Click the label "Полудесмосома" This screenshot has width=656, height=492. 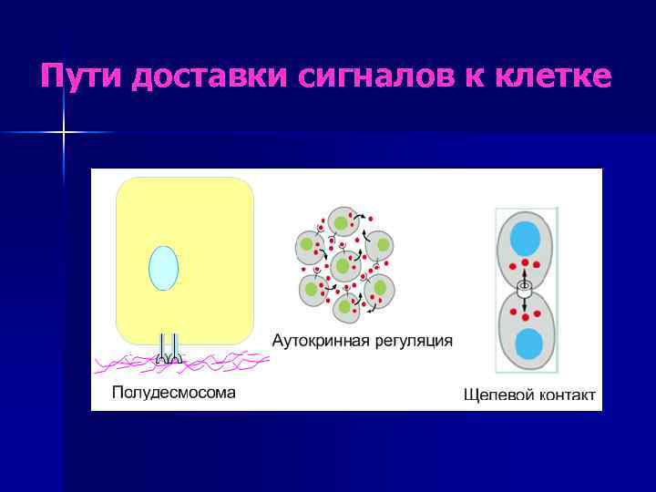(173, 393)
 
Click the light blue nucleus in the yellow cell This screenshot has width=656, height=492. (163, 268)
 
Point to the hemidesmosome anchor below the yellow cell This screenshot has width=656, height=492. (169, 350)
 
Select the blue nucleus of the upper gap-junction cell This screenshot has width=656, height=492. (526, 239)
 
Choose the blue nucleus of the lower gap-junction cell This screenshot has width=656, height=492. (528, 345)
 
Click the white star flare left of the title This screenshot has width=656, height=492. (64, 133)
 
